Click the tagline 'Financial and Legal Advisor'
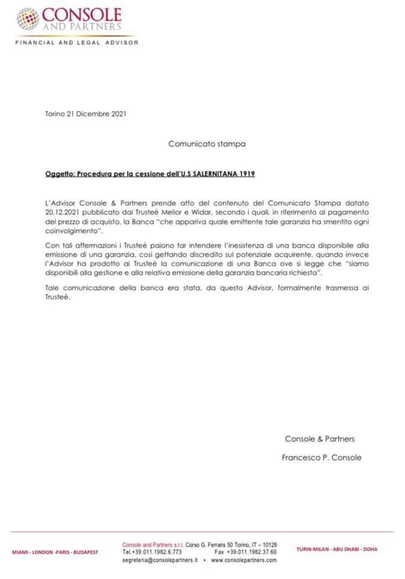click(77, 43)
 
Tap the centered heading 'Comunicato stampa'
click(207, 144)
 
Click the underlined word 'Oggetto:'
click(60, 174)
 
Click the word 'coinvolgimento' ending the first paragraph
click(71, 230)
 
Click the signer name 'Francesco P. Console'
click(322, 457)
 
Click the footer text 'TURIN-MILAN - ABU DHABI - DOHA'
click(337, 549)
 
